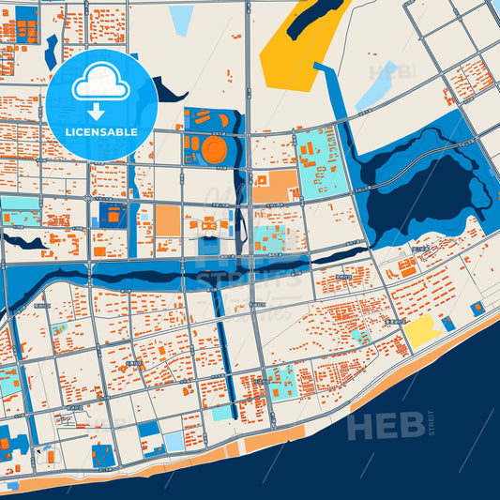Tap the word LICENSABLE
point(103,132)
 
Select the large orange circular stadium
point(213,149)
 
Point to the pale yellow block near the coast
point(421,329)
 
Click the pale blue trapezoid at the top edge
point(181,19)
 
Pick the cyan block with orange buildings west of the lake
point(320,165)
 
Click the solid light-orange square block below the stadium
point(168,221)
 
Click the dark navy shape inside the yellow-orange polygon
point(314,19)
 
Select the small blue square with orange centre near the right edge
point(477,308)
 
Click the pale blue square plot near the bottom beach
point(174,441)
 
